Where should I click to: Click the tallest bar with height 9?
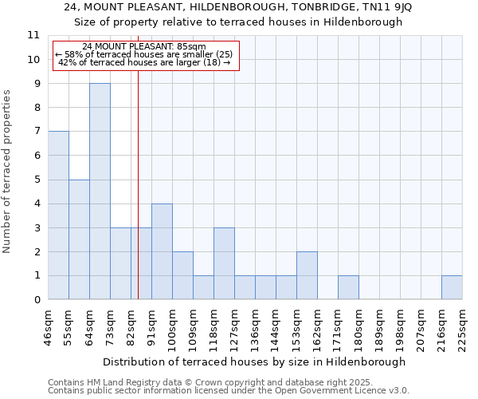(x=100, y=192)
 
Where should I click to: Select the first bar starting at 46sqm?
(x=58, y=215)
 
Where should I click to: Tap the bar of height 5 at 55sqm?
(x=79, y=239)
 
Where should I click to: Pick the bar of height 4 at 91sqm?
(x=162, y=251)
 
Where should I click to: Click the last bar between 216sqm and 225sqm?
(x=452, y=288)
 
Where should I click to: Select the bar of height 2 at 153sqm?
(x=307, y=276)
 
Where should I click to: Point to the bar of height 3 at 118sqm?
(x=224, y=263)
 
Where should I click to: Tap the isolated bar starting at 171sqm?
(x=348, y=288)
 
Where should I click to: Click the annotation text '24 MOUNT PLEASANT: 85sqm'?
(x=144, y=47)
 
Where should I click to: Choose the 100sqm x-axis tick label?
(x=173, y=325)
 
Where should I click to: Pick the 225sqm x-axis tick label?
(x=463, y=325)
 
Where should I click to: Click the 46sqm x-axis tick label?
(x=49, y=325)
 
